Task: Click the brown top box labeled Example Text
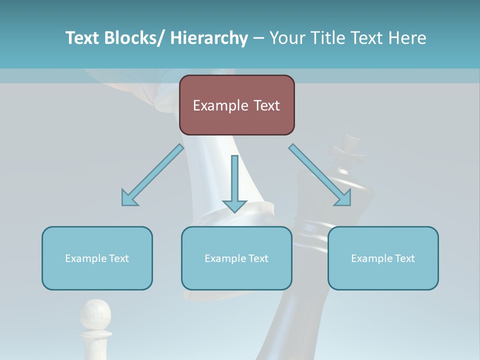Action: [236, 105]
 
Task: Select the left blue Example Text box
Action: [97, 258]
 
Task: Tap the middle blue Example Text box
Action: [236, 258]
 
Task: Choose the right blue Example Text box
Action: [383, 258]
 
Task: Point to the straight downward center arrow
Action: [234, 180]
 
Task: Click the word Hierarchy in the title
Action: [209, 38]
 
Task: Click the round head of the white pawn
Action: [95, 314]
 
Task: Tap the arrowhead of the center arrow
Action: [234, 205]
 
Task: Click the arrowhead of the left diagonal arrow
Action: [128, 198]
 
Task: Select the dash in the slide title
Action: [258, 38]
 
